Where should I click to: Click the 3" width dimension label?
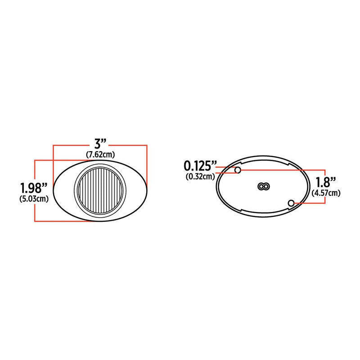pyautogui.click(x=100, y=144)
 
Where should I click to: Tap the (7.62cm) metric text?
pyautogui.click(x=100, y=154)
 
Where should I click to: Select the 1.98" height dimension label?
pyautogui.click(x=33, y=187)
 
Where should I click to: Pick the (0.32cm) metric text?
pyautogui.click(x=200, y=176)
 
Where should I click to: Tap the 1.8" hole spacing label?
pyautogui.click(x=325, y=183)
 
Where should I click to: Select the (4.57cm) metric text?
pyautogui.click(x=325, y=193)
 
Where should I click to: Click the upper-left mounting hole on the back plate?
pyautogui.click(x=238, y=170)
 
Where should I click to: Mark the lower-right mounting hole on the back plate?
pyautogui.click(x=292, y=203)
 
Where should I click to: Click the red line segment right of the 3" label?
pyautogui.click(x=128, y=145)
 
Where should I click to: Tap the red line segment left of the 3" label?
pyautogui.click(x=72, y=145)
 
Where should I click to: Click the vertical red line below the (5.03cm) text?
pyautogui.click(x=35, y=212)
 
